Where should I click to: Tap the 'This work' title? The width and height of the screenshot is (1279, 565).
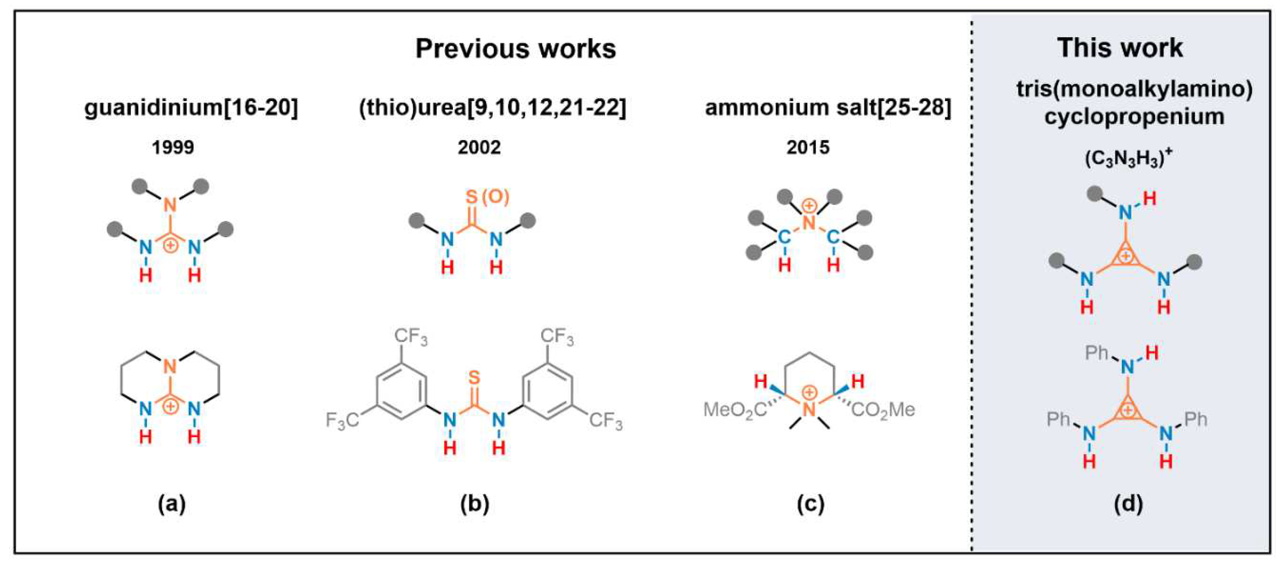pyautogui.click(x=1120, y=48)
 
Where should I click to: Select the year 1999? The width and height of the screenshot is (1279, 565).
pyautogui.click(x=173, y=147)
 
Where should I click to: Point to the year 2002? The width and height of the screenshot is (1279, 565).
pyautogui.click(x=479, y=147)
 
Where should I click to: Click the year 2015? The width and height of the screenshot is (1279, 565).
pyautogui.click(x=808, y=147)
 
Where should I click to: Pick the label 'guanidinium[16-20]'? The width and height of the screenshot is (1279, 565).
pyautogui.click(x=191, y=108)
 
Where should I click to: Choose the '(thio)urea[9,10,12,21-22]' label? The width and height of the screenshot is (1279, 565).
pyautogui.click(x=493, y=108)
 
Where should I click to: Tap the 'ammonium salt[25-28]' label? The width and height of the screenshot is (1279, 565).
pyautogui.click(x=828, y=108)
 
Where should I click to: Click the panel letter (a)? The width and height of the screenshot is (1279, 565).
pyautogui.click(x=172, y=504)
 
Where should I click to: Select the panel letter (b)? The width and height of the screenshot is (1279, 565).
pyautogui.click(x=475, y=504)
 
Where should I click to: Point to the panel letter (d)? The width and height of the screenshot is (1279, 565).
pyautogui.click(x=1129, y=504)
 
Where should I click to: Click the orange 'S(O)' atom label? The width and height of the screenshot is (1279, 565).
pyautogui.click(x=487, y=197)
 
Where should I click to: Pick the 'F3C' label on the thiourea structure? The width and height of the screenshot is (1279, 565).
pyautogui.click(x=343, y=420)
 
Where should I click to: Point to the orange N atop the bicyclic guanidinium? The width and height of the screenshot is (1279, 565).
pyautogui.click(x=170, y=367)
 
